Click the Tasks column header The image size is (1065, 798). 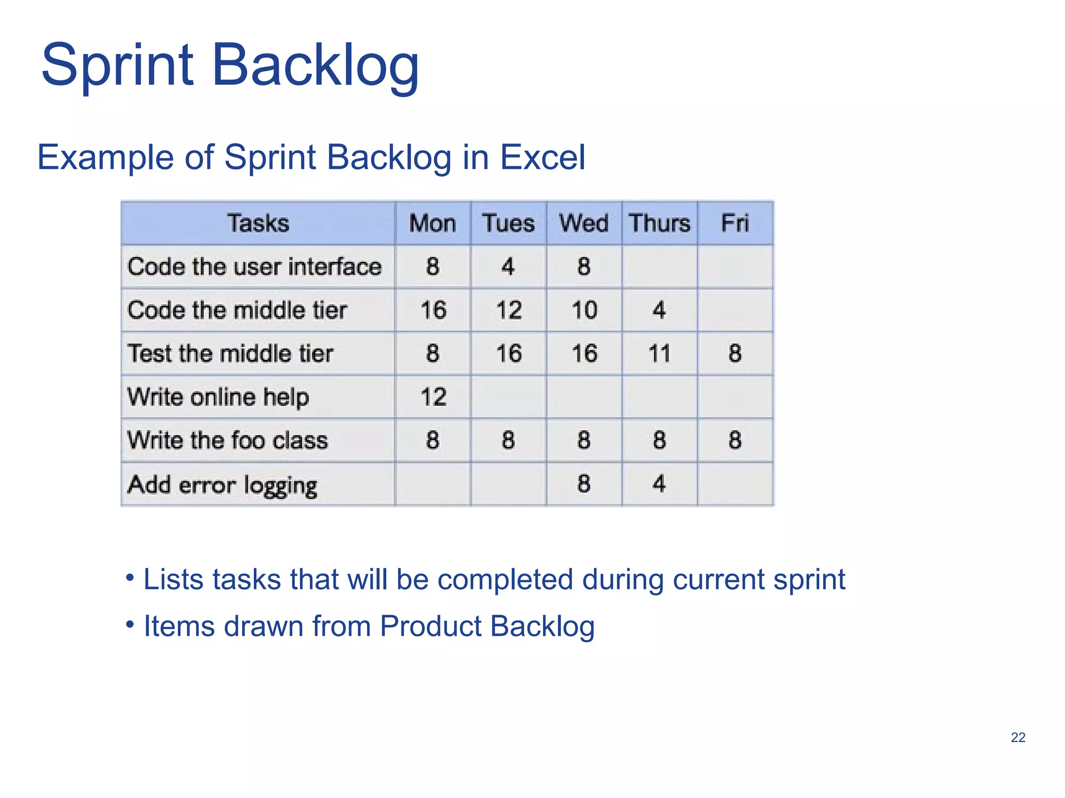[258, 223]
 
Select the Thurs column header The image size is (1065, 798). [659, 223]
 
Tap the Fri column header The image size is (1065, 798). [735, 223]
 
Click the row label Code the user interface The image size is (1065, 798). [254, 267]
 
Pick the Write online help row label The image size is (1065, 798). [218, 397]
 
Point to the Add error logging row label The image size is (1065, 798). [222, 485]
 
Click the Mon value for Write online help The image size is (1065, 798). [433, 397]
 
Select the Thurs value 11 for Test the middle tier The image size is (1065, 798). [659, 354]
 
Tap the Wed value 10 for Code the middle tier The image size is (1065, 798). [584, 310]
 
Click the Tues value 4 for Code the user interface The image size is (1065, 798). [508, 267]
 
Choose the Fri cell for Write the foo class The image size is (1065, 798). [735, 441]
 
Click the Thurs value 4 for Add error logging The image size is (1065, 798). [659, 484]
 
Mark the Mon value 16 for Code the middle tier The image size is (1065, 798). [433, 310]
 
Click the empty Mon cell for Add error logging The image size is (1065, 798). [433, 484]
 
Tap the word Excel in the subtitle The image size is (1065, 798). [542, 157]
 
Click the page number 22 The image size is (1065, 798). [1018, 737]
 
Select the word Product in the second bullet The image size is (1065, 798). [431, 626]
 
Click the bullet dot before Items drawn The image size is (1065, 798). [130, 624]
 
